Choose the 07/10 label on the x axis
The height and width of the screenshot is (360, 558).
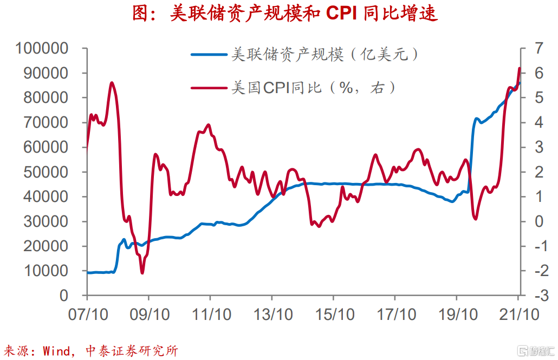pyautogui.click(x=87, y=315)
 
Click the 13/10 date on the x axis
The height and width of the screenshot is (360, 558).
pyautogui.click(x=271, y=315)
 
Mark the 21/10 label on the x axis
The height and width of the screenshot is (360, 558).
pyautogui.click(x=518, y=315)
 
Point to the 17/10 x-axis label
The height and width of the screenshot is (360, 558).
pyautogui.click(x=395, y=315)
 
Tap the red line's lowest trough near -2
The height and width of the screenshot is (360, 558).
pyautogui.click(x=142, y=272)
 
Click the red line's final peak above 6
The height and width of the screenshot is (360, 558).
pyautogui.click(x=520, y=68)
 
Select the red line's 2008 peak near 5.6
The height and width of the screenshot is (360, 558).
pyautogui.click(x=112, y=83)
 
